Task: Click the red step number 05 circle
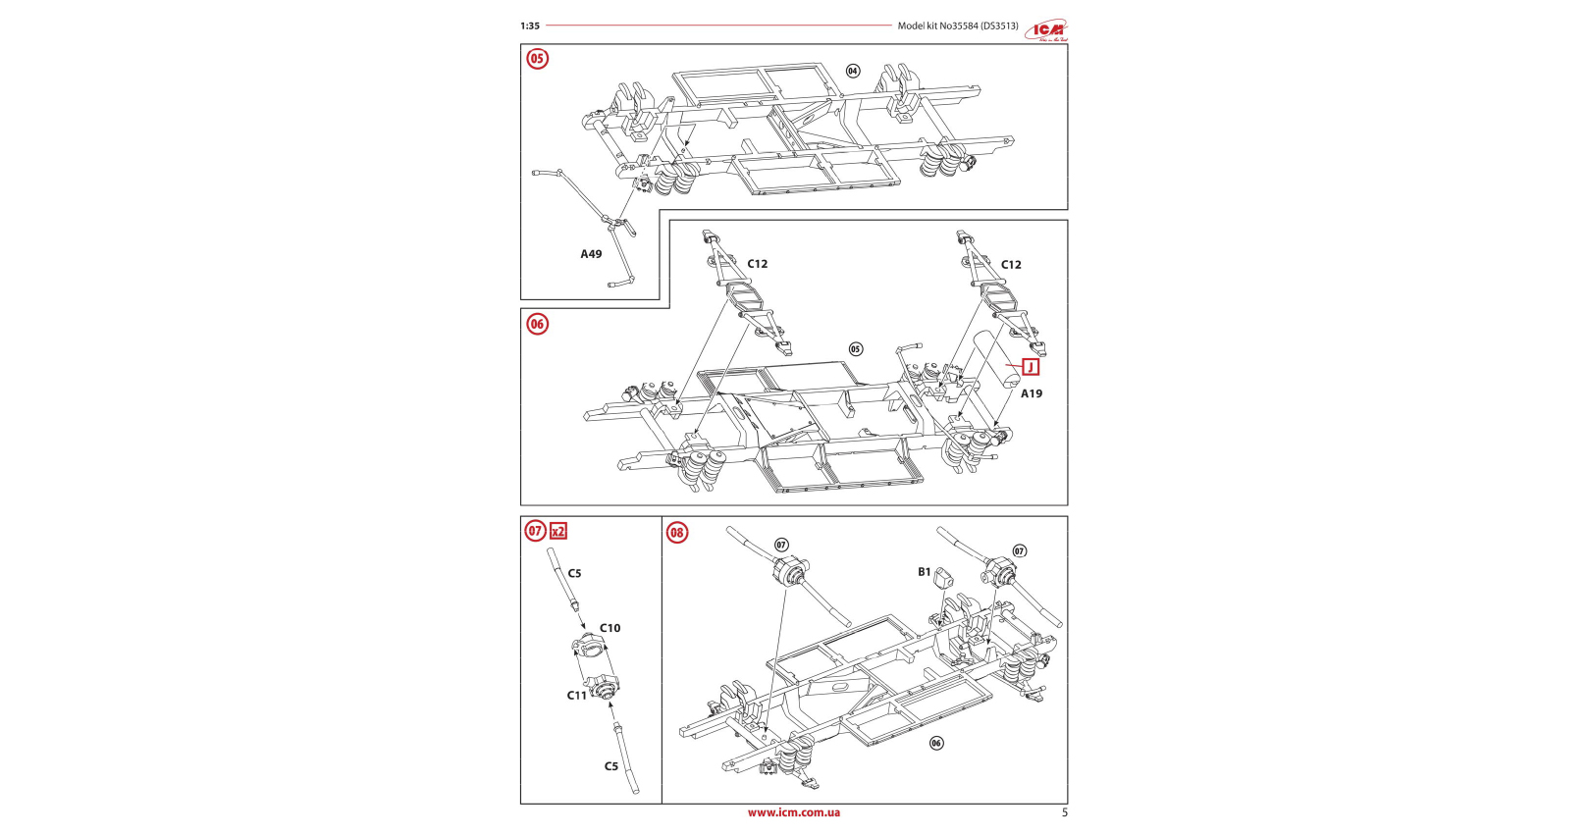click(537, 59)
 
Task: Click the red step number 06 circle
click(537, 324)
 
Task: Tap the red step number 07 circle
click(535, 531)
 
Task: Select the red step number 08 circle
click(677, 533)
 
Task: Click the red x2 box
click(558, 531)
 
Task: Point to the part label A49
click(591, 254)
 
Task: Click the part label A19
click(1032, 393)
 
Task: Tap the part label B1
click(925, 572)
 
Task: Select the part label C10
click(610, 628)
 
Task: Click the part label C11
click(577, 696)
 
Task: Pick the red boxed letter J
click(1031, 367)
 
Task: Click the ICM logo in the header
click(1047, 30)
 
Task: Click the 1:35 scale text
click(530, 26)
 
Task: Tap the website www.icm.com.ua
click(794, 812)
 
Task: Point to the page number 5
click(1065, 812)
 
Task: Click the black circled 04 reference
click(853, 71)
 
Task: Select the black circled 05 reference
click(856, 349)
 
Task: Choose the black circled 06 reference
click(936, 743)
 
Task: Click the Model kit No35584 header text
click(958, 26)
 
